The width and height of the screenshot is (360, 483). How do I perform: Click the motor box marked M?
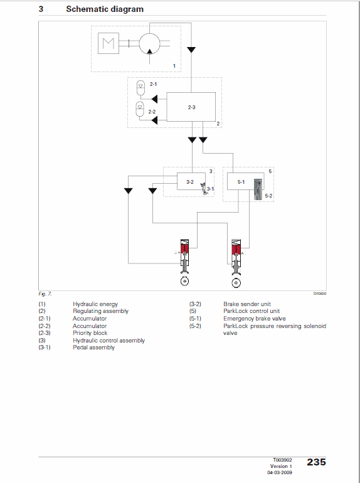109,43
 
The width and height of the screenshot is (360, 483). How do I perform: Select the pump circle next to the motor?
150,44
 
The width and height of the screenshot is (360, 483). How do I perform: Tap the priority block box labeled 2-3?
191,107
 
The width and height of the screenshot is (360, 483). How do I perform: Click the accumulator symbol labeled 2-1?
140,87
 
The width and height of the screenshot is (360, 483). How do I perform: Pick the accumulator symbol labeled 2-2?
140,109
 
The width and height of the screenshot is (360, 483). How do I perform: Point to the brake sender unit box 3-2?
191,181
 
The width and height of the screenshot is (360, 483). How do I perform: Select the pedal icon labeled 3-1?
204,188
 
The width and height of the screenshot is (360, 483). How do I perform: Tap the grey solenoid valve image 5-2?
258,189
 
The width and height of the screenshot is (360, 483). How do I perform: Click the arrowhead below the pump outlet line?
191,50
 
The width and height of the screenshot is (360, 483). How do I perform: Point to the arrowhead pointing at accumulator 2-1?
154,99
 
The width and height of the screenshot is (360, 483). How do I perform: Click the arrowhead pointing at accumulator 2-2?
154,120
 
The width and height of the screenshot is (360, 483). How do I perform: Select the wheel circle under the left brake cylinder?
184,281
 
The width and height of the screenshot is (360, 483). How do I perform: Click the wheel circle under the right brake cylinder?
236,283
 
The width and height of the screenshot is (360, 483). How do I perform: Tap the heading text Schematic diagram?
105,9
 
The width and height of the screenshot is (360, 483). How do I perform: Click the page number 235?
316,462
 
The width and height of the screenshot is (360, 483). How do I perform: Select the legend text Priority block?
90,333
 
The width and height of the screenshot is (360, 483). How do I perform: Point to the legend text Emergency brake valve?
255,319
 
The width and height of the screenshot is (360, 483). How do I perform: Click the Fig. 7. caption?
45,294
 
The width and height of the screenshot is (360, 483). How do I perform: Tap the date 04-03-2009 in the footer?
280,472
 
